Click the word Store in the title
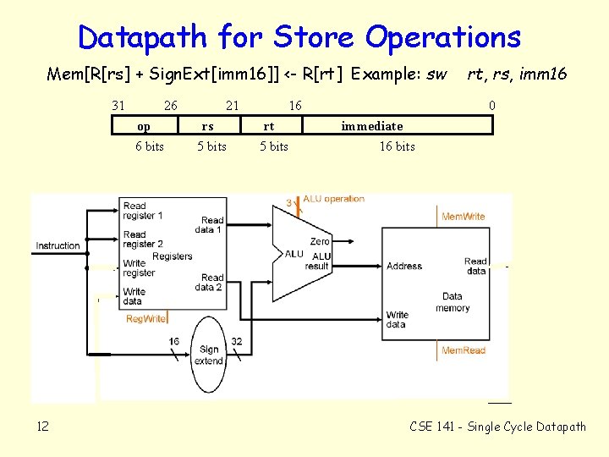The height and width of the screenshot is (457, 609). coord(314,37)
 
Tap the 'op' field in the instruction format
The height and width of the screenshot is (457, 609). coord(145,126)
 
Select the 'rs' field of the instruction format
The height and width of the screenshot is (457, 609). coord(207,126)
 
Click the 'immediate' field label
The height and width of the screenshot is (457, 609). coord(372,126)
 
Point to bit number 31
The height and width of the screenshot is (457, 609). coord(118,106)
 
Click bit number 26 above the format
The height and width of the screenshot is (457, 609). coord(170,106)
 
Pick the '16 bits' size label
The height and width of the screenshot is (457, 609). coord(397,146)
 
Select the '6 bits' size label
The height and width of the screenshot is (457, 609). coord(150,146)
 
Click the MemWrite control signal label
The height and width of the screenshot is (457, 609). coord(464,217)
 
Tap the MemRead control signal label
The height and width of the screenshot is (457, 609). coord(464,350)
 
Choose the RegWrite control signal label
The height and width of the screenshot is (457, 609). coord(145,319)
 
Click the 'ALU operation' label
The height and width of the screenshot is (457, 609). coord(334,199)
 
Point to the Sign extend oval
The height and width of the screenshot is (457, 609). coord(209,355)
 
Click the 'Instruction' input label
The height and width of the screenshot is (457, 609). coord(58,245)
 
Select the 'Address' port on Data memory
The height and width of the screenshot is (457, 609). coord(404,266)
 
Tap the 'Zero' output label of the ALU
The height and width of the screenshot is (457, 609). coord(320,241)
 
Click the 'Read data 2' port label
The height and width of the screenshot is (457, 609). coord(212,282)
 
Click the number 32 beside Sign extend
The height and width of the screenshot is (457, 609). coord(236,341)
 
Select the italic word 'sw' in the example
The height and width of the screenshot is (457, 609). coord(436,74)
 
